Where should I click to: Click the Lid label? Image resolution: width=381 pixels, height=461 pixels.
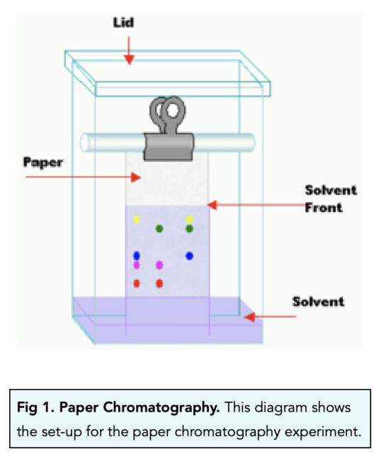(124, 23)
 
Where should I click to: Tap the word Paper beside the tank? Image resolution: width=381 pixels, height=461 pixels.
(44, 163)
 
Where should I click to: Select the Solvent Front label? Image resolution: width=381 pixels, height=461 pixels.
(330, 199)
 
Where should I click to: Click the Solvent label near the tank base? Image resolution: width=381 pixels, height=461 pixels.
(318, 302)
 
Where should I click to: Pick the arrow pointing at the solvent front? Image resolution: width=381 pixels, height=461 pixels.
(248, 205)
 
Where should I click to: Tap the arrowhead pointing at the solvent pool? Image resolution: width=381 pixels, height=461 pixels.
(249, 317)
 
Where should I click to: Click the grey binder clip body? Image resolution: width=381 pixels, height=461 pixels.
(167, 145)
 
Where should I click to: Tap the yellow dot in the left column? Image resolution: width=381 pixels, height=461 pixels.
(137, 220)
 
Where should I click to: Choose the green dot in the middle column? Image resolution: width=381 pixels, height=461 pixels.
(159, 228)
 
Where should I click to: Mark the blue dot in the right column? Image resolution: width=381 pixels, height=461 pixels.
(189, 255)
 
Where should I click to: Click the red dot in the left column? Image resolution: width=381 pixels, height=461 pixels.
(137, 283)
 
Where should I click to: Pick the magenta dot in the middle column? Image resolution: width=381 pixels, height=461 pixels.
(159, 265)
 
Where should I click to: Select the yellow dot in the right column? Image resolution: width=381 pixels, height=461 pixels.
(189, 219)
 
